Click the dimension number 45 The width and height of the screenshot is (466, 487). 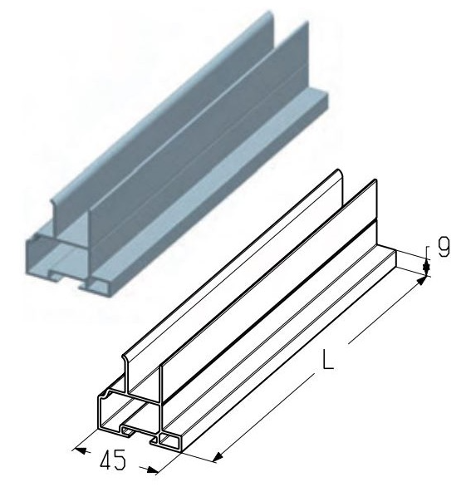click(113, 460)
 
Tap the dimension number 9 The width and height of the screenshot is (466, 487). click(444, 247)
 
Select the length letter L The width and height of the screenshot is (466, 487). click(328, 359)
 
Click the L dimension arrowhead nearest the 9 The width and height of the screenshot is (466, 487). click(420, 281)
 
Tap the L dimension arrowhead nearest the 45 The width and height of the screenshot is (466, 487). click(218, 456)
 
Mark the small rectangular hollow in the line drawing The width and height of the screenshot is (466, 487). click(169, 440)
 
